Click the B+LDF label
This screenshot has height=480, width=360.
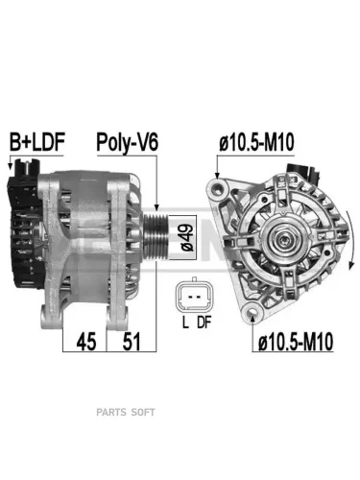[37, 142]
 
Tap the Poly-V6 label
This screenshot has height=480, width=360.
[128, 142]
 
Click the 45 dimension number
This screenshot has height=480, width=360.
[86, 341]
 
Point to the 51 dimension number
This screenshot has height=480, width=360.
[132, 341]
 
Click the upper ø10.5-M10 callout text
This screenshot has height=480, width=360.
[256, 142]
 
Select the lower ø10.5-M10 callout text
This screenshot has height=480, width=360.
[296, 341]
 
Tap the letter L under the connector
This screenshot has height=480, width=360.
[185, 323]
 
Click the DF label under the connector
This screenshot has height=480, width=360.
[204, 323]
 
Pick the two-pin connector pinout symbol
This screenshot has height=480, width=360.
[194, 295]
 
